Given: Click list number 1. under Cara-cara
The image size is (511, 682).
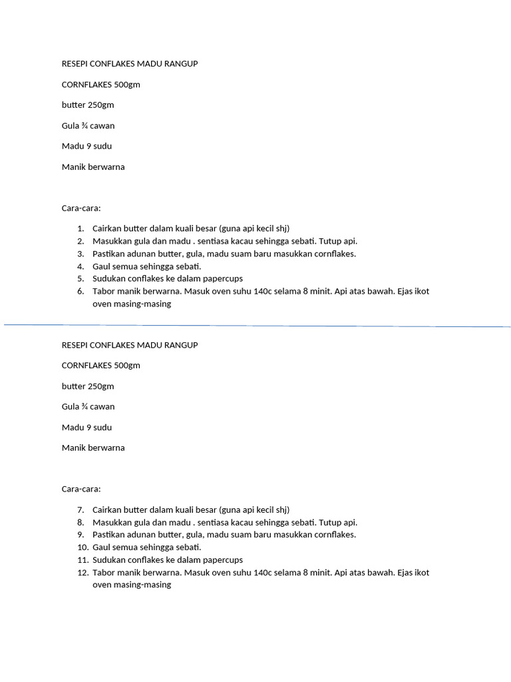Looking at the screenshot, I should click(x=80, y=228).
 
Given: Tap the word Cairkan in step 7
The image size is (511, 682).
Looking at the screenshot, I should click(x=108, y=510).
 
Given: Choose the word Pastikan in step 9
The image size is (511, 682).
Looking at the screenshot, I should click(x=109, y=535).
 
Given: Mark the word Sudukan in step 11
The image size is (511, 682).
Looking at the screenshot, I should click(x=108, y=560).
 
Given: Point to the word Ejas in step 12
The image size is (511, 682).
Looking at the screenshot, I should click(x=403, y=573).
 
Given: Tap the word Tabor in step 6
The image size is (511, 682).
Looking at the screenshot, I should click(x=104, y=292).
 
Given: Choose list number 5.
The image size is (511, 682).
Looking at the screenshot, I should click(x=80, y=278).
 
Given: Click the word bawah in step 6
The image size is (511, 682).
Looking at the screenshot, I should click(x=379, y=292).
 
